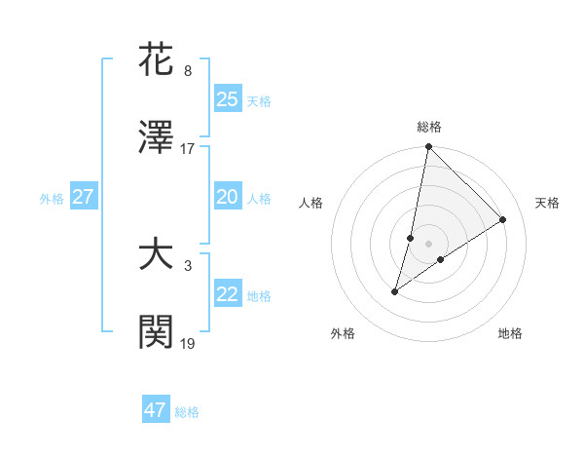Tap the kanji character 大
[156, 255]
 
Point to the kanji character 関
[156, 334]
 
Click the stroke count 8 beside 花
[188, 71]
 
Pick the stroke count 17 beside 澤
[188, 149]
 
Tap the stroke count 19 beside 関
[188, 344]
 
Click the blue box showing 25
[227, 98]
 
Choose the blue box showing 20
[227, 197]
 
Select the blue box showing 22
[227, 294]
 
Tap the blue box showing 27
[83, 197]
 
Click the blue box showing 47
[156, 410]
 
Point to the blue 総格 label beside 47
[187, 412]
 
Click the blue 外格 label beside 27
[52, 199]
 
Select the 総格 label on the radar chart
[429, 127]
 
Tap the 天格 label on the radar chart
[547, 203]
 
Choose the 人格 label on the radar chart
[311, 203]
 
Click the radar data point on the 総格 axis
[428, 147]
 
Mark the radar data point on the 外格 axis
[395, 291]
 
